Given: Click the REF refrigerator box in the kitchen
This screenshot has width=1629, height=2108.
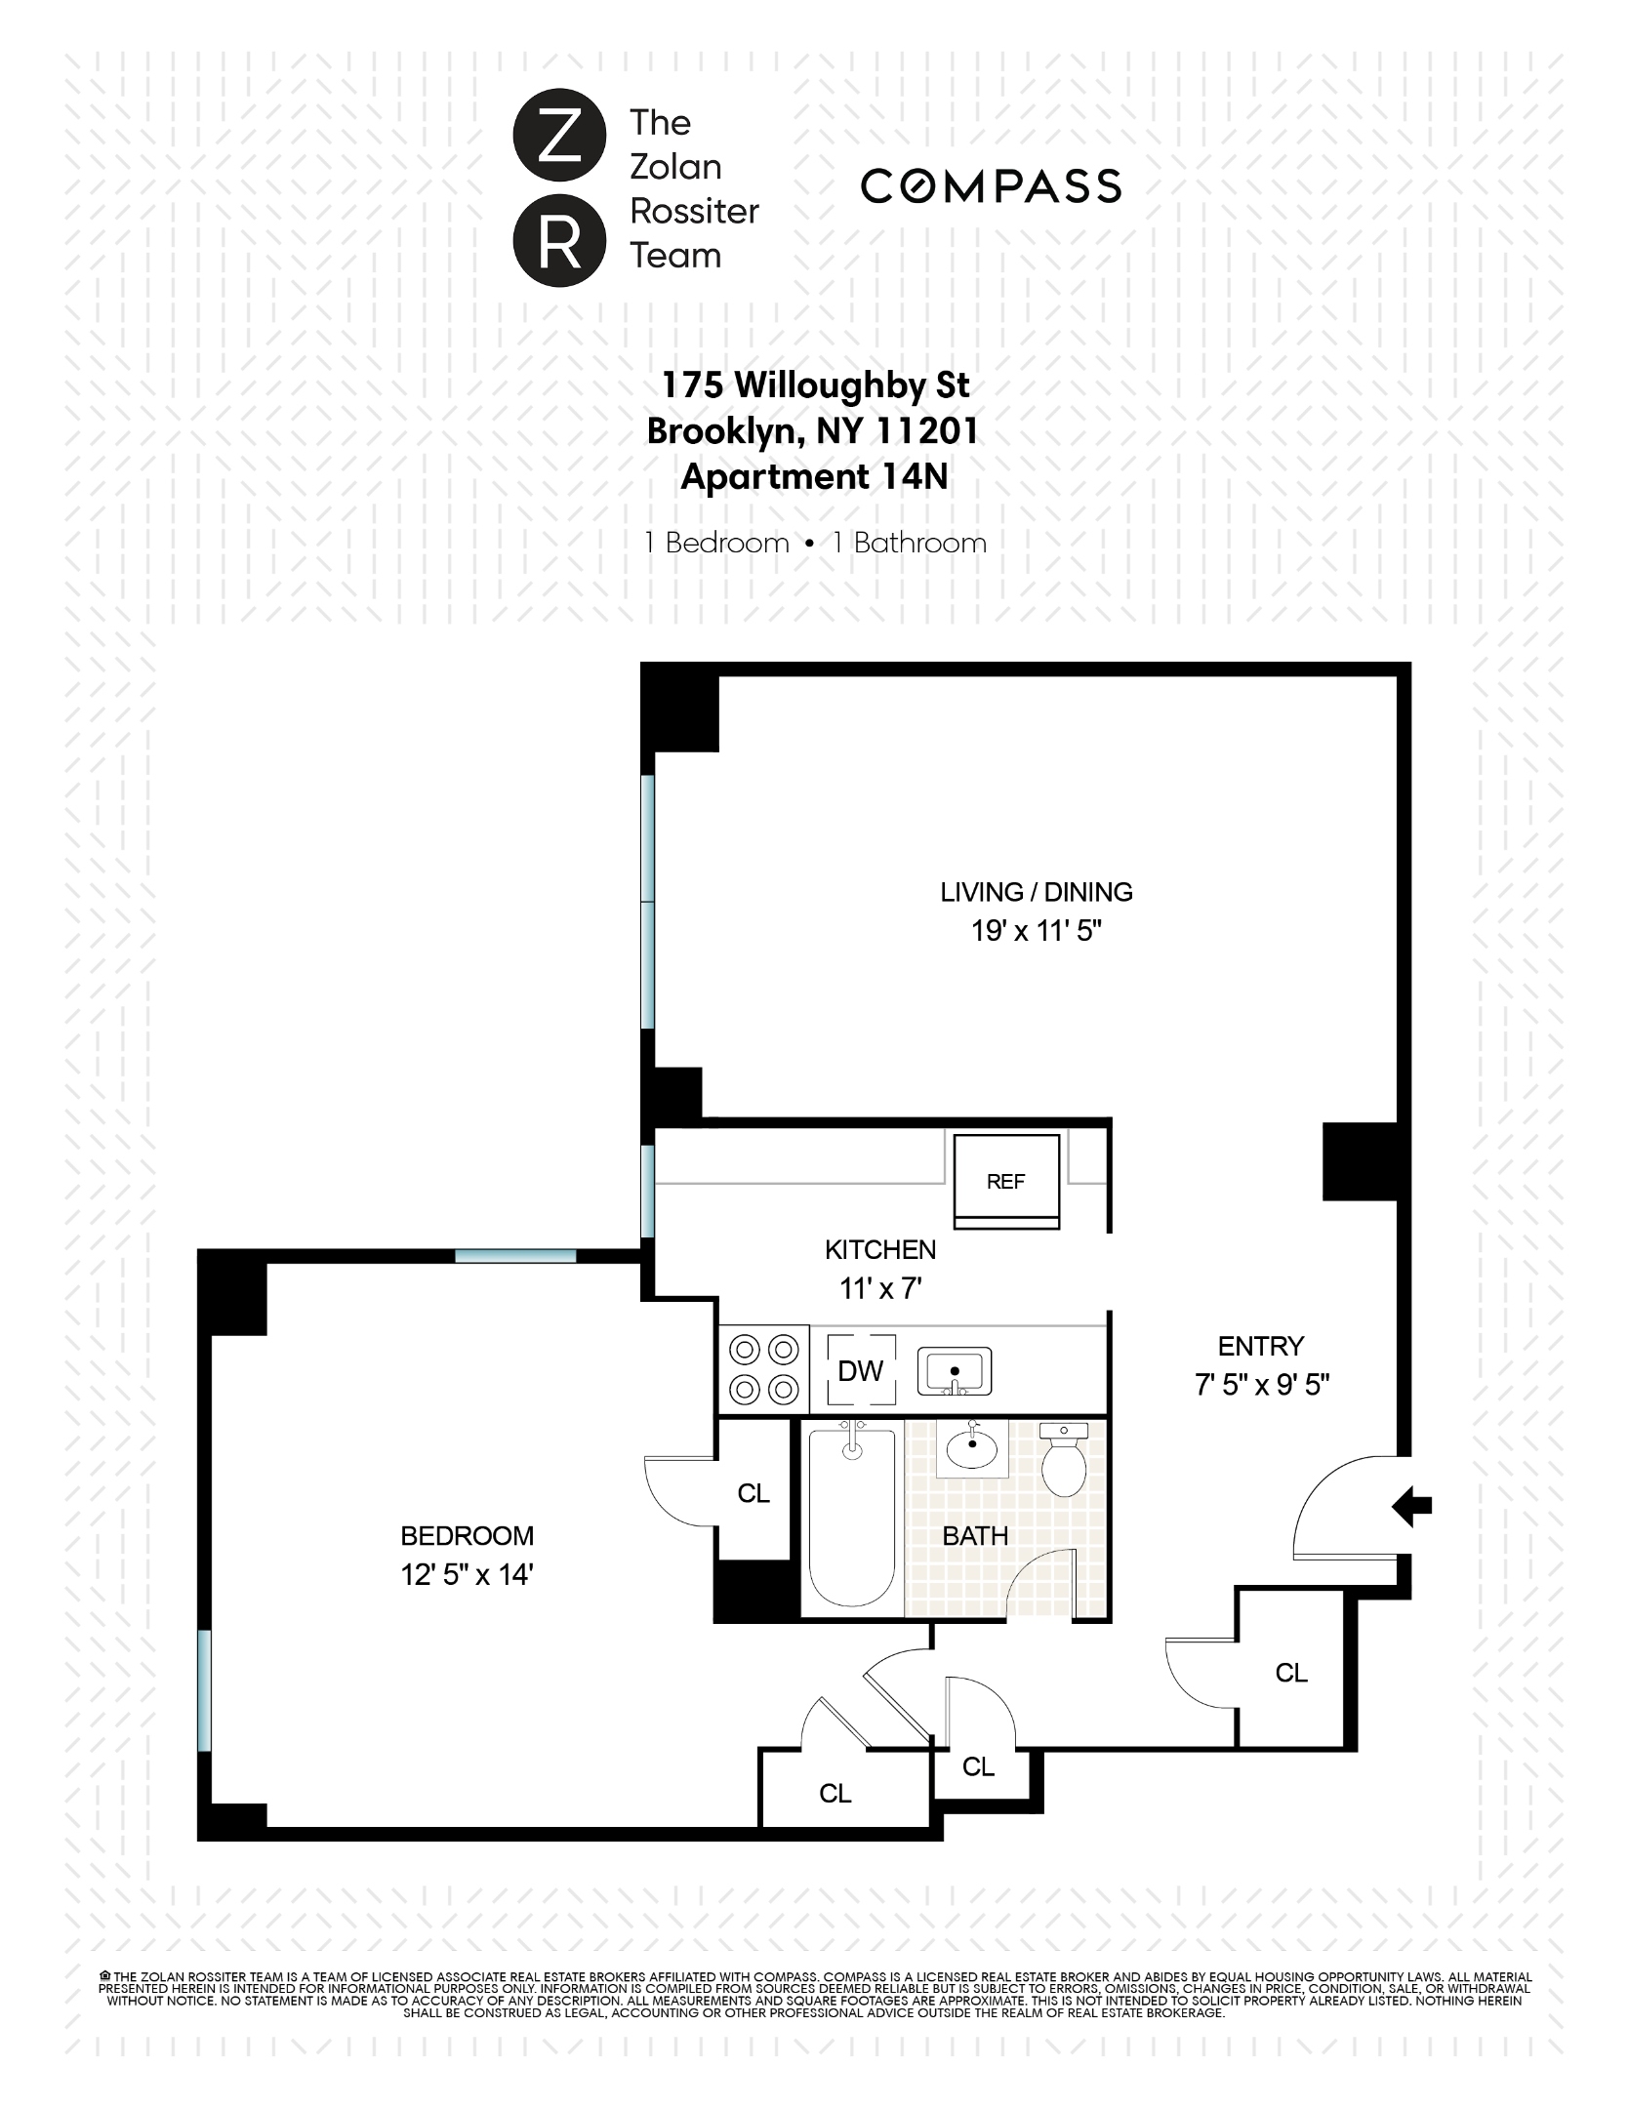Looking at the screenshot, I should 1005,1181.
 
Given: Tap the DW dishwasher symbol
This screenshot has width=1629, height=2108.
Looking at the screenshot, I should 860,1371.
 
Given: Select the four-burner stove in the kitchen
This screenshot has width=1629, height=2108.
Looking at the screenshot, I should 763,1369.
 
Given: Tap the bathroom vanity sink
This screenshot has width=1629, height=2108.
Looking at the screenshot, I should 972,1449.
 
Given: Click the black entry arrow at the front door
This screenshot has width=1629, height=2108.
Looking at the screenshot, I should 1411,1505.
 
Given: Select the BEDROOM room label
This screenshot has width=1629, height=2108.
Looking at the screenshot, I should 467,1536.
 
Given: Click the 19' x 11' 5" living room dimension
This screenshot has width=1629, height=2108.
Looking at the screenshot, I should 1036,931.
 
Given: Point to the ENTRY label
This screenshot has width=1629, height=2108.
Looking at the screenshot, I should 1260,1347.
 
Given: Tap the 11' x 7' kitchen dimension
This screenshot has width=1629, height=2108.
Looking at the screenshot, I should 880,1289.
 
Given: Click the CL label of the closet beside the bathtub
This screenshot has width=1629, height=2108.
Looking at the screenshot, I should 753,1493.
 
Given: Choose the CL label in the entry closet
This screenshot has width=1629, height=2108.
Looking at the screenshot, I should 1290,1673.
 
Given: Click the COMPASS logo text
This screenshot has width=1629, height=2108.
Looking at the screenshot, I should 991,186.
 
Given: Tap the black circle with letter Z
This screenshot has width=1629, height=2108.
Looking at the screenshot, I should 553,140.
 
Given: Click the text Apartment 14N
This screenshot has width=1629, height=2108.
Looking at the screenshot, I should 814,477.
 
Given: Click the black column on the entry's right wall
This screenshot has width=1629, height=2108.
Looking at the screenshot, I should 1361,1161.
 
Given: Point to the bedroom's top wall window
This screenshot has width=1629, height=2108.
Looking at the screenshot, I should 515,1256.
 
